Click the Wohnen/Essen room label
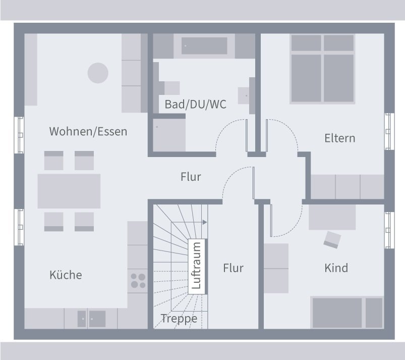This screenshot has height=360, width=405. (88, 132)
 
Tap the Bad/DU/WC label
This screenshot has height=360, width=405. (195, 105)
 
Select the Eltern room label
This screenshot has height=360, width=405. (339, 138)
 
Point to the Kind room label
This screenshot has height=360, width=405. (336, 268)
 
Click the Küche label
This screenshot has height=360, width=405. (66, 275)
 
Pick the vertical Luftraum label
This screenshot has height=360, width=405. (196, 266)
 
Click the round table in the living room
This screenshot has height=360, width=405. (98, 73)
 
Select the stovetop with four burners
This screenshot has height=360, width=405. (138, 281)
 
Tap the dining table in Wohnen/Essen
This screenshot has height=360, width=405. (69, 191)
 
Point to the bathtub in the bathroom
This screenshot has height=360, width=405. (204, 46)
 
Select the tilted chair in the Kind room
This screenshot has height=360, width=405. (332, 239)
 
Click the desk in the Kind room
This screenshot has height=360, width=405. (332, 217)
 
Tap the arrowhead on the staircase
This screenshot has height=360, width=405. (205, 222)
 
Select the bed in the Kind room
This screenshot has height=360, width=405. (347, 313)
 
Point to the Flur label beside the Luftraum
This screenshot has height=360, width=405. (233, 268)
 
